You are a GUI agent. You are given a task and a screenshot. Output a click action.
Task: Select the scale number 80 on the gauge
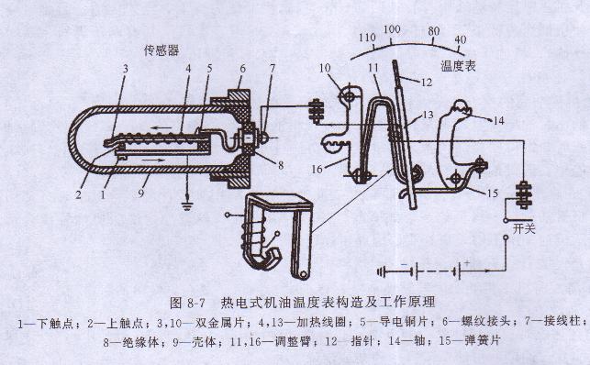(x=434, y=29)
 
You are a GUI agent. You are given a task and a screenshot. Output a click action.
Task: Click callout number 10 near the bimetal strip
(x=326, y=68)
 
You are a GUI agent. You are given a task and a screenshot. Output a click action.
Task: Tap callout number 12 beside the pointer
(x=426, y=83)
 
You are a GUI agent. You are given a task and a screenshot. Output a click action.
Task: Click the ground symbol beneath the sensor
(x=186, y=206)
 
